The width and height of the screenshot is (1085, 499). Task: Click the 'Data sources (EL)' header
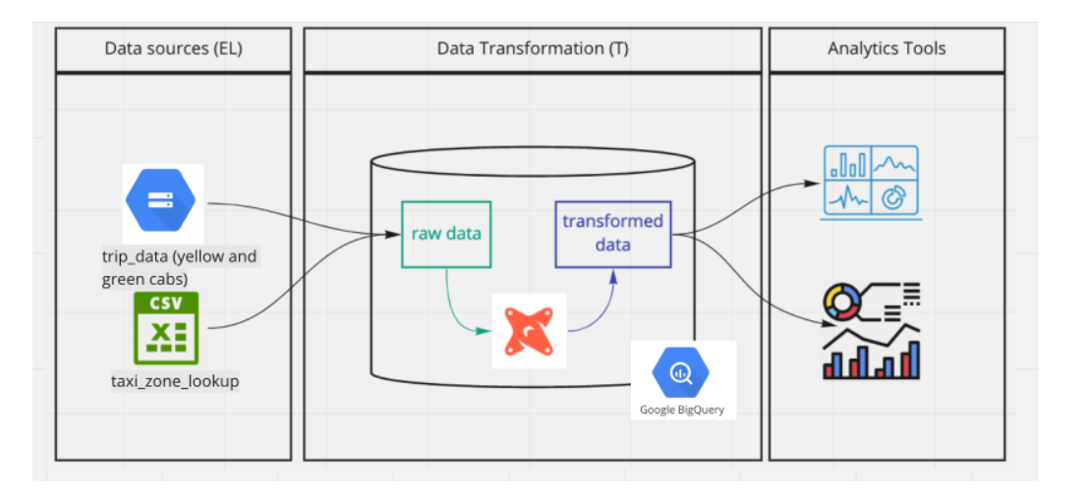[x=172, y=48]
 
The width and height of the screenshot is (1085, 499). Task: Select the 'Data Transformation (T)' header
[x=533, y=48]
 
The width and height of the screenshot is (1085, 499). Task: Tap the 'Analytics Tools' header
[x=885, y=48]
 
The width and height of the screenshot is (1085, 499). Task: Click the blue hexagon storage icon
[x=160, y=200]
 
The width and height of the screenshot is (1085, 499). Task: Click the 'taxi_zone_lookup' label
[x=175, y=380]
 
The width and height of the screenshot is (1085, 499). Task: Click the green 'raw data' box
[x=446, y=234]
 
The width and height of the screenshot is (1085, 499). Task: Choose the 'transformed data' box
[x=612, y=234]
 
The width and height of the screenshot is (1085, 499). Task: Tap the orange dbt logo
[x=529, y=330]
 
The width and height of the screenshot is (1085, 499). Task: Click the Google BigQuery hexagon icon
[x=681, y=373]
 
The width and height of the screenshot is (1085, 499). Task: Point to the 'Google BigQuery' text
[x=681, y=410]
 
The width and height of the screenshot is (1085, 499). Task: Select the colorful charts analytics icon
[x=872, y=331]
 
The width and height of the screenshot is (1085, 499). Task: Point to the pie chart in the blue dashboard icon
[x=894, y=197]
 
